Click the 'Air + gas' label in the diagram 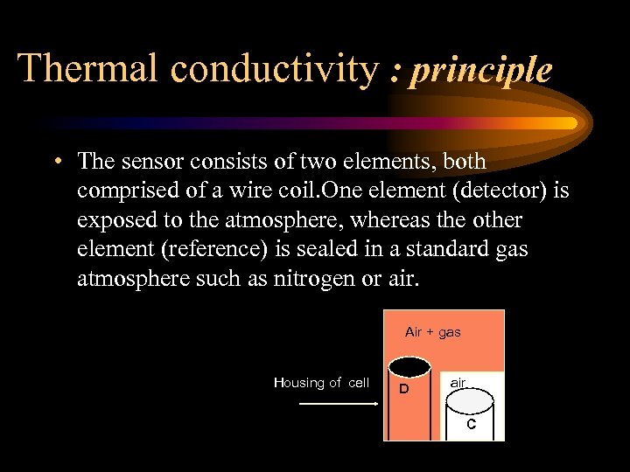[x=433, y=332]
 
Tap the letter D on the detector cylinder [x=403, y=389]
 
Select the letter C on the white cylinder [x=471, y=425]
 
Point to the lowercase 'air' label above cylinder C [x=457, y=383]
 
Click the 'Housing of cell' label [x=322, y=383]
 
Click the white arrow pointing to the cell [x=338, y=404]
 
